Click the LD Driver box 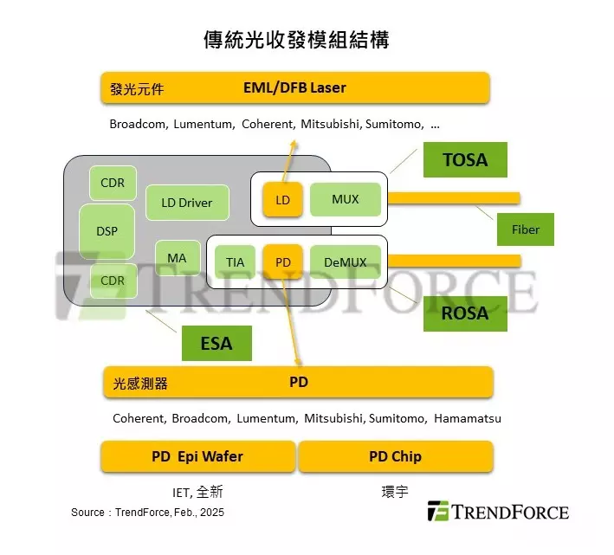click(x=187, y=203)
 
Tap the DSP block click(x=107, y=231)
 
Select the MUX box click(x=346, y=199)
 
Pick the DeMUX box click(x=346, y=261)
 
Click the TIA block click(x=235, y=261)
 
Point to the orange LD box click(x=282, y=200)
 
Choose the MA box click(x=178, y=258)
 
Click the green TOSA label click(x=465, y=159)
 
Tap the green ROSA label click(x=465, y=313)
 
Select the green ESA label click(x=217, y=343)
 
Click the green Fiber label click(x=526, y=229)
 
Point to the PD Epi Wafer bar click(x=197, y=456)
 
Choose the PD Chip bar click(x=396, y=456)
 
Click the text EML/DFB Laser click(x=294, y=87)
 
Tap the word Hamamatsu click(x=468, y=418)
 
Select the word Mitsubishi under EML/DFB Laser click(x=330, y=124)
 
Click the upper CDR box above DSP click(x=113, y=183)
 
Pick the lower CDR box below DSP click(x=113, y=281)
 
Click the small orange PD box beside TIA click(x=282, y=261)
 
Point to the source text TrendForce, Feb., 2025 click(x=170, y=513)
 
